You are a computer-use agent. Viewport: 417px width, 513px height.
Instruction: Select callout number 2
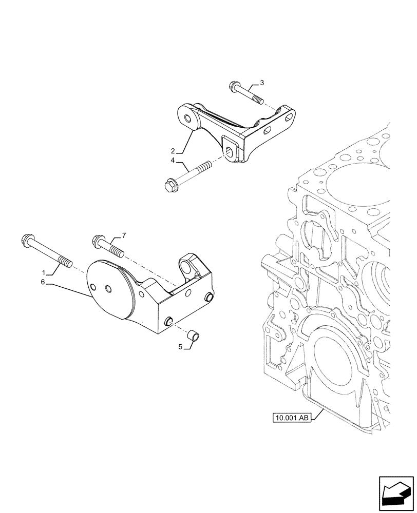[x=174, y=151]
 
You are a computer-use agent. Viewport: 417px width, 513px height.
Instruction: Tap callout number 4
[x=174, y=161]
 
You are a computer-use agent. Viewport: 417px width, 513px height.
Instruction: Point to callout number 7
[x=123, y=235]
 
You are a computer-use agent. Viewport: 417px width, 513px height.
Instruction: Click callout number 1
[x=45, y=272]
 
